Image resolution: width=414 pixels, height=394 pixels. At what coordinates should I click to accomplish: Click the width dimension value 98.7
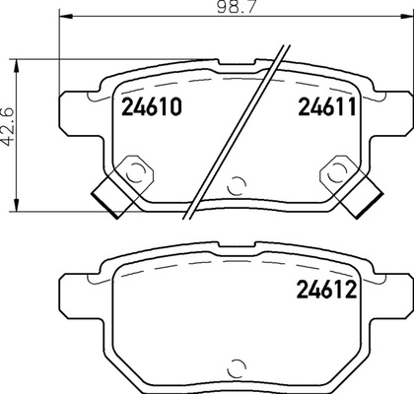236,7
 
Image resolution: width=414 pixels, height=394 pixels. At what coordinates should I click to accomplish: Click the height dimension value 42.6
9,126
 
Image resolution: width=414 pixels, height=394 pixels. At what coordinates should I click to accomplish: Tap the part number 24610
152,107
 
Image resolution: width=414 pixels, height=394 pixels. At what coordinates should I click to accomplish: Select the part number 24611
327,107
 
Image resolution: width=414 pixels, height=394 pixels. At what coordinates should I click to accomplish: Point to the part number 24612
326,290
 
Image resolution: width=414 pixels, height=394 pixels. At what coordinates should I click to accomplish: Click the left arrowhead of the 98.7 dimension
65,16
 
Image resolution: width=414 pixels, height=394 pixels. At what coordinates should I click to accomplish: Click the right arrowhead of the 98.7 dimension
406,16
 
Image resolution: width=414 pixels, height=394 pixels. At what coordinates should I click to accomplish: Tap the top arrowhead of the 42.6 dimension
16,66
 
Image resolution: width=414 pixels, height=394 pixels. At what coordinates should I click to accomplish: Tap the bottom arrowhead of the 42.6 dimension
16,205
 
